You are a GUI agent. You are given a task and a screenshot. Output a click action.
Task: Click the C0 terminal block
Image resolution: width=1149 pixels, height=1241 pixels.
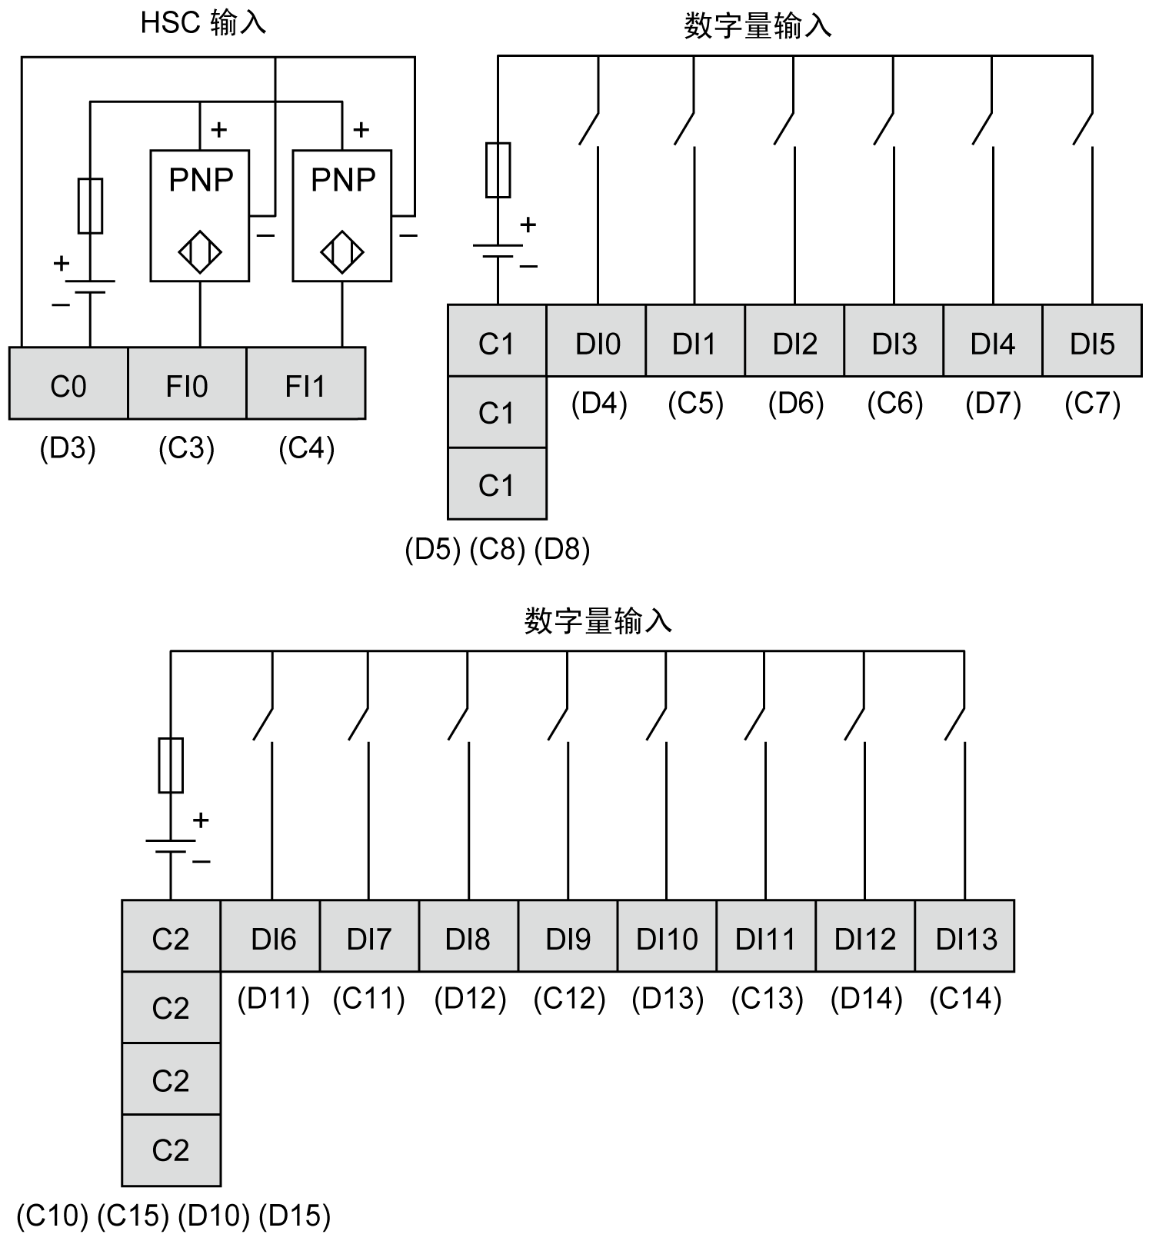(68, 384)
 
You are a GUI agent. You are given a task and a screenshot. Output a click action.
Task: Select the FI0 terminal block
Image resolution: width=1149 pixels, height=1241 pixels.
(187, 384)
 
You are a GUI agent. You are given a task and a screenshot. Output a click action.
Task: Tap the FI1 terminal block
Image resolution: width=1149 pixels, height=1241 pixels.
(305, 384)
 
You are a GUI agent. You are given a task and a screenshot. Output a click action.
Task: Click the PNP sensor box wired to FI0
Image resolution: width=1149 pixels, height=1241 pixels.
(199, 215)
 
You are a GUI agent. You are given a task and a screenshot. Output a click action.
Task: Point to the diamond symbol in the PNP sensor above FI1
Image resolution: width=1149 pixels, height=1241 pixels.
(342, 251)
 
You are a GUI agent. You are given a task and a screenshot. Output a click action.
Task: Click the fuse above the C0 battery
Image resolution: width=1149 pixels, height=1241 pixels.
(90, 206)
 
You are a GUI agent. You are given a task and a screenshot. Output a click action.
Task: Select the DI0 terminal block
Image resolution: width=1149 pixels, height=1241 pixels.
(597, 342)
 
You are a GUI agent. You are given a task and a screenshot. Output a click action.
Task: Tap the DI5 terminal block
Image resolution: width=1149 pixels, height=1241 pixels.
(1092, 342)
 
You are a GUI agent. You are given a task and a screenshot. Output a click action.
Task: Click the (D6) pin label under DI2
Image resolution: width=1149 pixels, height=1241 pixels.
(795, 404)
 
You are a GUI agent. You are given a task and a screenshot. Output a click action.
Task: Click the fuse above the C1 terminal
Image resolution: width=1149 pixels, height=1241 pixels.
(498, 170)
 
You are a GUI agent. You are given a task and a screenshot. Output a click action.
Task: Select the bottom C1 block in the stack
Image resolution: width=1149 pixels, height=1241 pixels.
(496, 484)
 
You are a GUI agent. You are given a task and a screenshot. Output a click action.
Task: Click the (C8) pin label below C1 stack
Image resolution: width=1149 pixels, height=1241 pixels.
(497, 549)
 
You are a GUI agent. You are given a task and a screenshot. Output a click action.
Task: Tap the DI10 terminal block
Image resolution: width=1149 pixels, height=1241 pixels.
(667, 938)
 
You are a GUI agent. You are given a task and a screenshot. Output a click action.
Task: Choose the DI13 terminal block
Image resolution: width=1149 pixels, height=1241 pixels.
(965, 938)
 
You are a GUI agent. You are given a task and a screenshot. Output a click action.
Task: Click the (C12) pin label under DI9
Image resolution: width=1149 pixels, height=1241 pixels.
(569, 999)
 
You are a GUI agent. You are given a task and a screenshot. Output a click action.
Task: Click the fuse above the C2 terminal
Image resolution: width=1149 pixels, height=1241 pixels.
(170, 765)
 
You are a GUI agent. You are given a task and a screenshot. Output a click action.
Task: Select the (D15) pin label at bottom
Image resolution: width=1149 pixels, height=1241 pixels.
(295, 1215)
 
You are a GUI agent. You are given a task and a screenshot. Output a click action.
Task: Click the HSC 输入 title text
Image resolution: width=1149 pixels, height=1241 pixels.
(202, 23)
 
